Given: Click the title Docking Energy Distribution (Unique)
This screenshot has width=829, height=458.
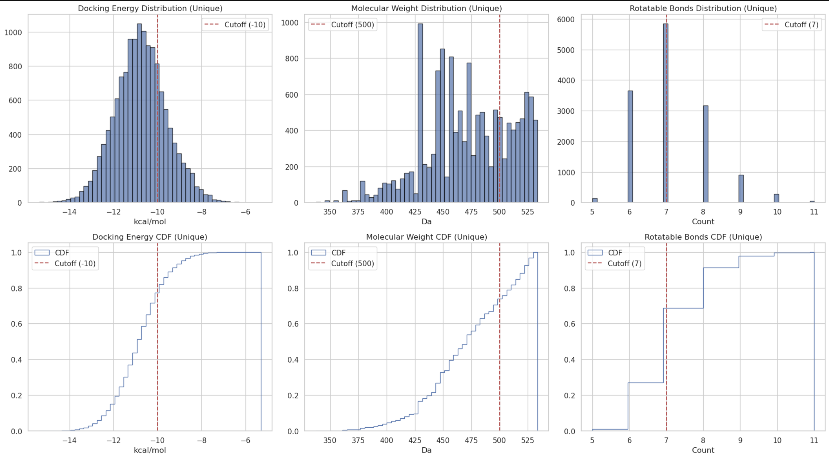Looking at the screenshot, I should (x=150, y=8).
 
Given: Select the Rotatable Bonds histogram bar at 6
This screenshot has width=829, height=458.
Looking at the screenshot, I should (x=630, y=146).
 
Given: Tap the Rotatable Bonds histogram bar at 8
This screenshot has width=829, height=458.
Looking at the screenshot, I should (x=706, y=154).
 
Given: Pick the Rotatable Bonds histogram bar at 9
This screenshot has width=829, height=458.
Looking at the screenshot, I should (x=741, y=188).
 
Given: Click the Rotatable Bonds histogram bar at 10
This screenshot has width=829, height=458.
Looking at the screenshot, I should (x=776, y=198).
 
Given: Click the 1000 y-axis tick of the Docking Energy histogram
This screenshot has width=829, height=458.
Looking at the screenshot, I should (x=13, y=32).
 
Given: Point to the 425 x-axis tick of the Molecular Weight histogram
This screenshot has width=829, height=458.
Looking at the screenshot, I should (x=415, y=212).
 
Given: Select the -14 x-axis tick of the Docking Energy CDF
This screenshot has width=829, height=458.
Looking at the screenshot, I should (x=70, y=440).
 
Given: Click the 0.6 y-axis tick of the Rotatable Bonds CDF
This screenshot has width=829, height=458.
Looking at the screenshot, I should (x=569, y=324).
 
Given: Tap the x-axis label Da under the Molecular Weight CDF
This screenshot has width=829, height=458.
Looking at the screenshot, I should (x=426, y=450).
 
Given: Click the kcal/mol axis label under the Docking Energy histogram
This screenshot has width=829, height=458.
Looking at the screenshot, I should (x=150, y=222).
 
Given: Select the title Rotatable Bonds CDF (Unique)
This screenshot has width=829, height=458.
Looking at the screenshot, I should (x=703, y=237).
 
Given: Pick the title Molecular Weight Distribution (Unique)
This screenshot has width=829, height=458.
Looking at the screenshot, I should (x=426, y=8).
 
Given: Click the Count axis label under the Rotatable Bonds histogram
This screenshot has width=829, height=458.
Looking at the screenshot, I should (x=703, y=222).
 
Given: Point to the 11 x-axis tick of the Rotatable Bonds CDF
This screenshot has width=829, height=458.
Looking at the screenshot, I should (x=814, y=440).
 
